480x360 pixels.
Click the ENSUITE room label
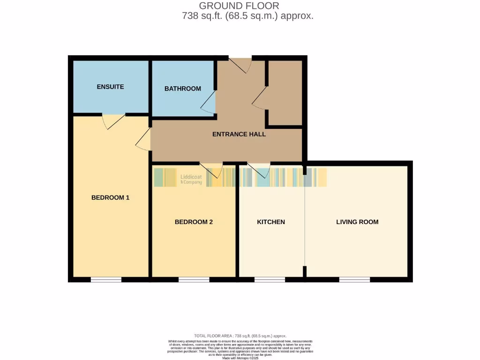tap(110, 87)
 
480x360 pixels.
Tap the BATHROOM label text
tap(182, 89)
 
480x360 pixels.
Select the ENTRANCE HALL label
tap(239, 134)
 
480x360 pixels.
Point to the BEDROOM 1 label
tap(110, 198)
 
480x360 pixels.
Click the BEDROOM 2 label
tap(194, 222)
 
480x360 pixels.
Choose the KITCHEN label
tap(271, 222)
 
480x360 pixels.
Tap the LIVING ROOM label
tap(357, 222)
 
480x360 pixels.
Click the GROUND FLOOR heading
tap(239, 6)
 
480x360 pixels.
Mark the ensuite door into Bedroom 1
tap(113, 121)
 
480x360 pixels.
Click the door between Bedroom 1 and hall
tap(143, 139)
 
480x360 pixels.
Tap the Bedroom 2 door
tap(211, 170)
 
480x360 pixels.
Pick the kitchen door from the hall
tap(259, 170)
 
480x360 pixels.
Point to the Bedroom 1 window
tap(106, 280)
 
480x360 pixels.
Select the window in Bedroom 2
tap(194, 280)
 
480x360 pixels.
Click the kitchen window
tap(270, 280)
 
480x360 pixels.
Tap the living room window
tap(354, 280)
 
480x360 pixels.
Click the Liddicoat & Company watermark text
tap(191, 180)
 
